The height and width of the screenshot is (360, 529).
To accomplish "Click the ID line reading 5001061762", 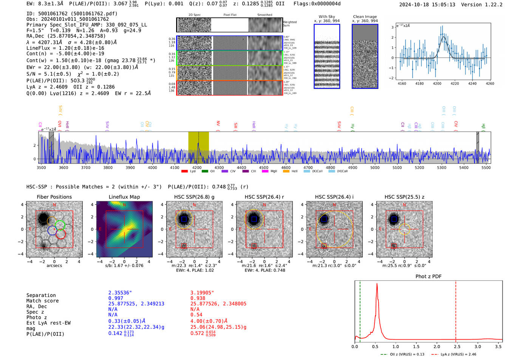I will (x=72, y=14).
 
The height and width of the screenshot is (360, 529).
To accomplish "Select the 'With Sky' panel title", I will (x=326, y=17).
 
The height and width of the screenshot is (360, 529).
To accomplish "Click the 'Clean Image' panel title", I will (x=365, y=17).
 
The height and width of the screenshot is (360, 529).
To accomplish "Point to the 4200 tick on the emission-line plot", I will (x=437, y=83).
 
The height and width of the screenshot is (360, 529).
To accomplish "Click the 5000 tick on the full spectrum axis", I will (x=375, y=168).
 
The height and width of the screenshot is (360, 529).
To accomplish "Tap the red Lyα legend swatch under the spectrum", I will (x=184, y=172).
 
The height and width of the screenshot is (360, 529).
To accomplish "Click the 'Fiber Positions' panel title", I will (x=54, y=197).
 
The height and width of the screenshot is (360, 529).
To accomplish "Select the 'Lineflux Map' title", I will (x=124, y=197).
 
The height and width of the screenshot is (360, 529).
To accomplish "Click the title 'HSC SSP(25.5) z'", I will (x=404, y=197).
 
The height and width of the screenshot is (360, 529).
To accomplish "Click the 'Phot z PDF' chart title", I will (x=428, y=277).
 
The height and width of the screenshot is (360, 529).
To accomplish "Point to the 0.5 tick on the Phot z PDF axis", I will (x=375, y=346).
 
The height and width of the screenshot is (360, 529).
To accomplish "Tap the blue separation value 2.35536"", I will (x=120, y=293).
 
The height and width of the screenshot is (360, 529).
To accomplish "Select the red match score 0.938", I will (x=198, y=298).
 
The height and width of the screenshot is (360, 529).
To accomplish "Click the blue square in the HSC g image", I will (x=184, y=219).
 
